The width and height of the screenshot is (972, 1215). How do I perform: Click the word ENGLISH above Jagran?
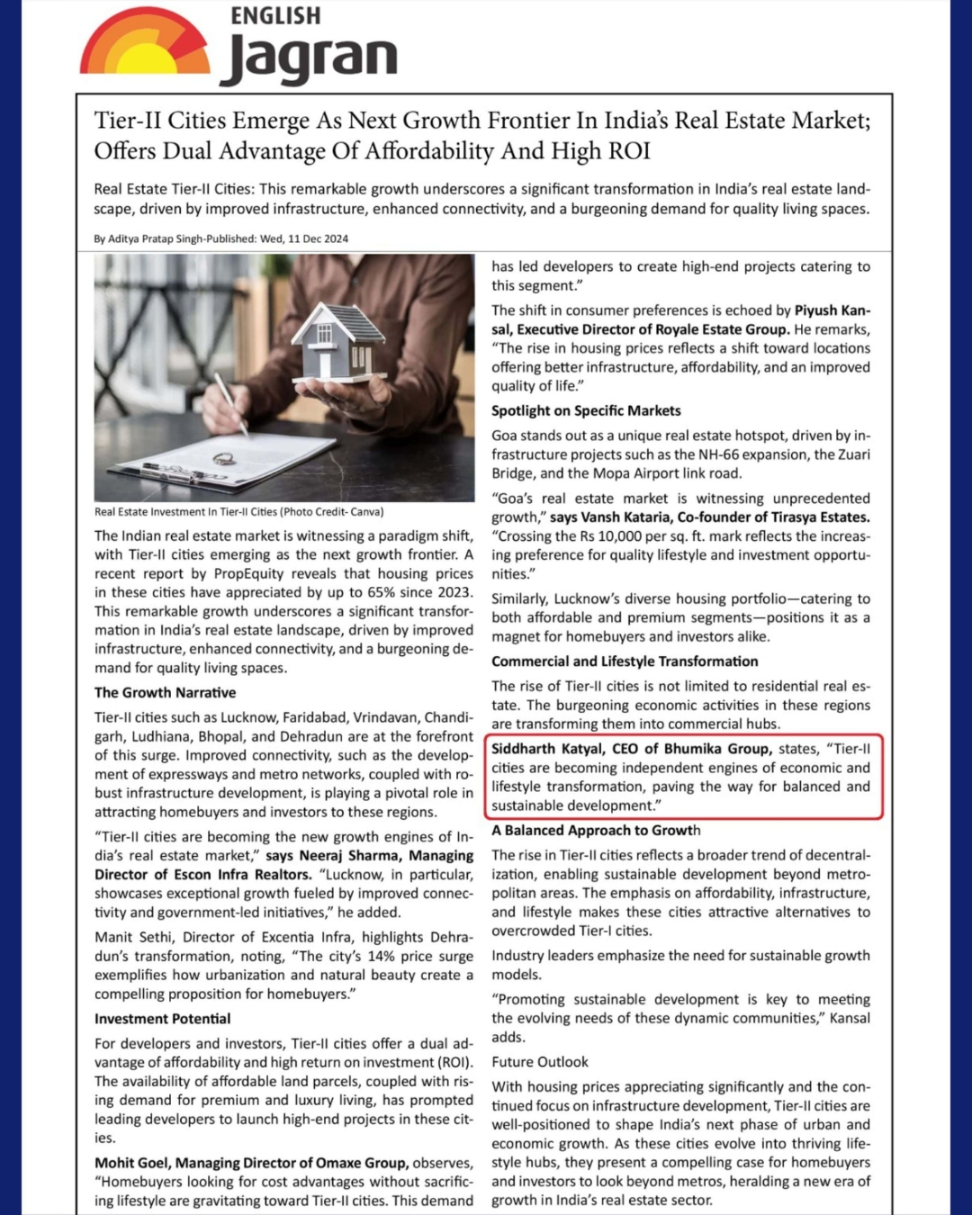(275, 16)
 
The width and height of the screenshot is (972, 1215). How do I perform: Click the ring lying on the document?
(224, 458)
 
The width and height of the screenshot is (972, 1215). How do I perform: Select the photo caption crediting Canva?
(238, 512)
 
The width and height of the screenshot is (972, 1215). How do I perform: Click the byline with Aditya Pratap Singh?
(220, 238)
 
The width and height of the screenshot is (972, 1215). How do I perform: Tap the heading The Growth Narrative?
(166, 692)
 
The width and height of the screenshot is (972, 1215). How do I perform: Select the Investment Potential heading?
(163, 1019)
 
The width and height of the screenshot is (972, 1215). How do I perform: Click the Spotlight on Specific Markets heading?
(586, 410)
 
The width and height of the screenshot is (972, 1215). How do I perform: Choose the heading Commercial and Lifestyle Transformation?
(625, 661)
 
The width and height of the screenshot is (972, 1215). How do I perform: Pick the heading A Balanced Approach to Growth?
(596, 830)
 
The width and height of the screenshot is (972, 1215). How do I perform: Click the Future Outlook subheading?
(540, 1062)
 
